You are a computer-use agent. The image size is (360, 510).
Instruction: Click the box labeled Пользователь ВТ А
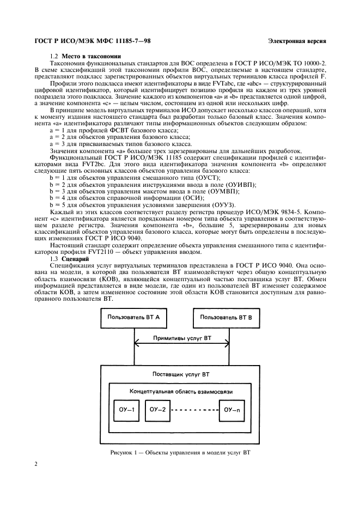pyautogui.click(x=133, y=317)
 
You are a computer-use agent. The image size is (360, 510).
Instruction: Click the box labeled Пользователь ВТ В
pyautogui.click(x=226, y=317)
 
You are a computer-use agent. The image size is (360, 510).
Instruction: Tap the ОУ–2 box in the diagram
pyautogui.click(x=157, y=409)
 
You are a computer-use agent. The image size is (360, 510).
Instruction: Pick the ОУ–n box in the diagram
pyautogui.click(x=235, y=409)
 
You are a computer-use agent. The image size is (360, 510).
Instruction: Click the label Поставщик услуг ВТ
pyautogui.click(x=181, y=375)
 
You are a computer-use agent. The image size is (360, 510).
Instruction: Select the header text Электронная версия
pyautogui.click(x=297, y=41)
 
